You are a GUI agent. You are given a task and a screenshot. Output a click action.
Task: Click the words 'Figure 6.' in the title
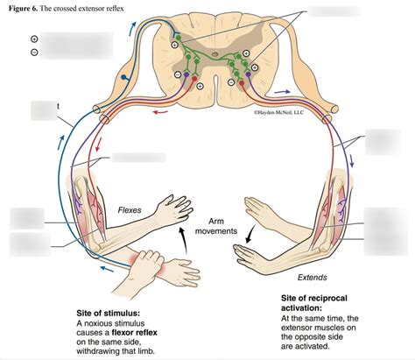(25, 7)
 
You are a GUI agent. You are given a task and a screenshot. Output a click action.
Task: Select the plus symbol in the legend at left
(33, 39)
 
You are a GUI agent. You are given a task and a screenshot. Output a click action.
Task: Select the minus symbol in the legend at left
(33, 52)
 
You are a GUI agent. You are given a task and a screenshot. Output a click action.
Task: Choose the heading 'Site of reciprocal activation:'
(314, 304)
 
